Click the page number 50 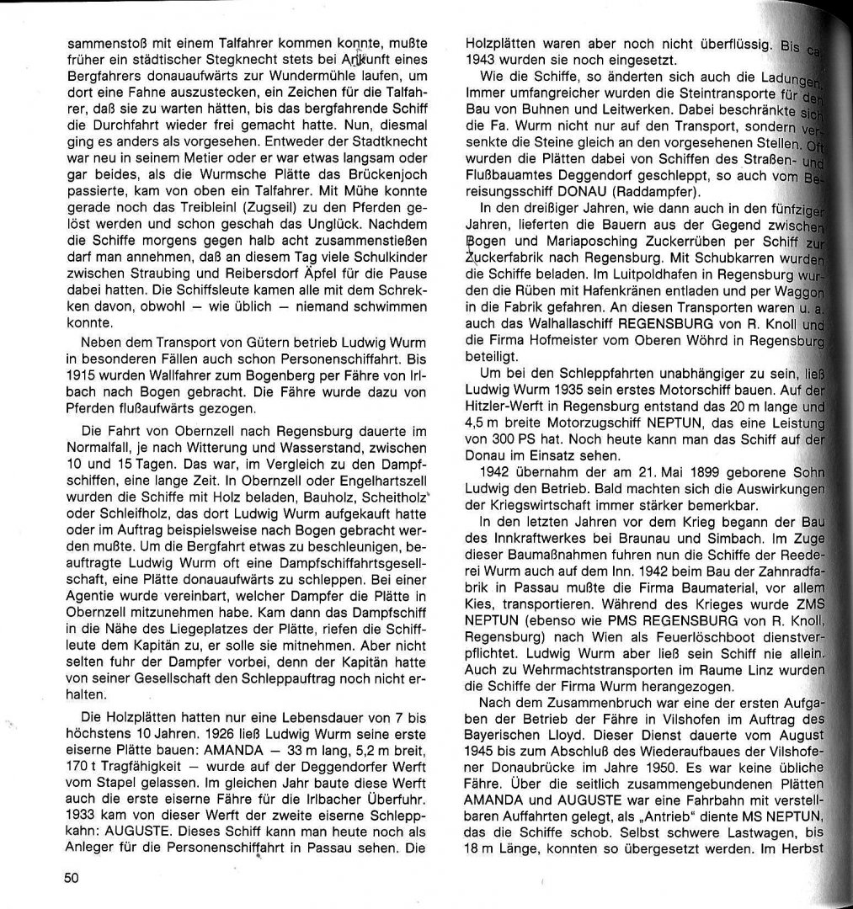[x=70, y=877]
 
